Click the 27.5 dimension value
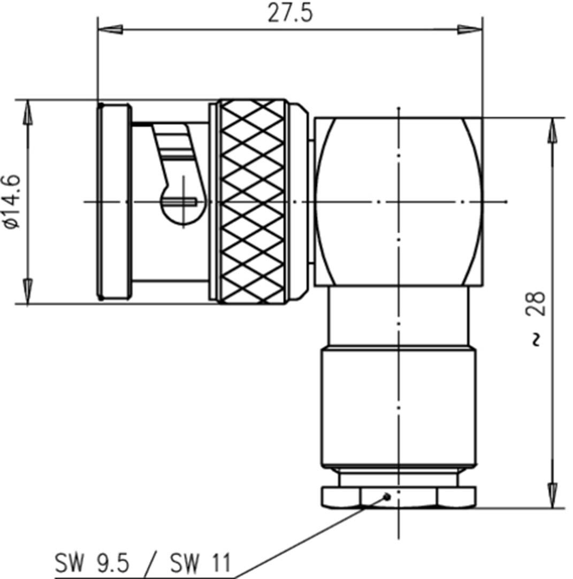coord(289,13)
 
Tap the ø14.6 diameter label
coord(12,202)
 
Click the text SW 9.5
coord(93,563)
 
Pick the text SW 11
coord(201,563)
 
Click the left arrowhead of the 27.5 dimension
coord(109,29)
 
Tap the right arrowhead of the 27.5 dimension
coord(471,29)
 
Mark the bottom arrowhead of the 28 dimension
coord(553,496)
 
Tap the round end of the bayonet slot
coord(182,206)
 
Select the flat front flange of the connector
coord(114,202)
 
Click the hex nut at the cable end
coord(398,497)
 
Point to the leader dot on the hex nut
coord(387,497)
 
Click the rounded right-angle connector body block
coord(399,202)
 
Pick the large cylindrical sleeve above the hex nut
coord(399,407)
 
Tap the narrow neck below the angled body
coord(399,316)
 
